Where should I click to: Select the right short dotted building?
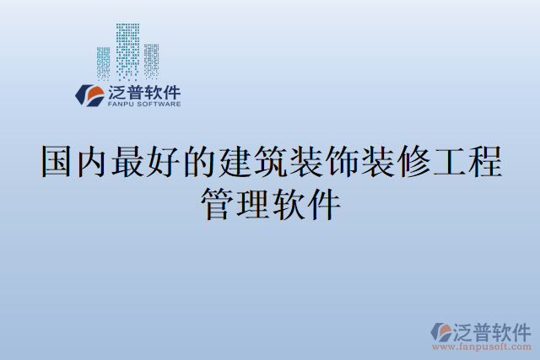coord(151,60)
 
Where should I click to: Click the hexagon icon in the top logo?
coord(89,94)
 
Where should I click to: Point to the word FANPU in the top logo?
coord(121,105)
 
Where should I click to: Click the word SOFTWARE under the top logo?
coord(158,105)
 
